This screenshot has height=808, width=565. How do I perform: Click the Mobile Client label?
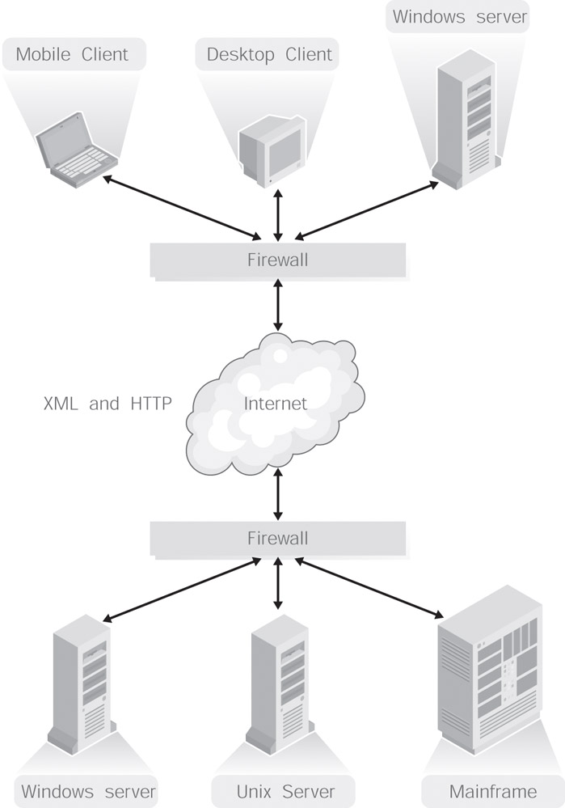[72, 55]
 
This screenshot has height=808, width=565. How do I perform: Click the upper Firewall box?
[277, 260]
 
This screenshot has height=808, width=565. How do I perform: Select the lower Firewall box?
[277, 538]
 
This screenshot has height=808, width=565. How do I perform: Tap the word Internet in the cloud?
[276, 403]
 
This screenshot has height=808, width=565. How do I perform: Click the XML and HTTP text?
[108, 403]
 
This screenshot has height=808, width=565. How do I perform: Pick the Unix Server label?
[273, 790]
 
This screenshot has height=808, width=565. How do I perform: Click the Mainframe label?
[492, 790]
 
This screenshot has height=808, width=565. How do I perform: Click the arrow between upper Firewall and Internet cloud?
[278, 302]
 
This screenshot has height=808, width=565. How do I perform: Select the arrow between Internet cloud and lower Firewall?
[278, 494]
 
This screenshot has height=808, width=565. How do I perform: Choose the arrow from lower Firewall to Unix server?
[278, 585]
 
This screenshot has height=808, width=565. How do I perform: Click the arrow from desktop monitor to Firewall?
[278, 214]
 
